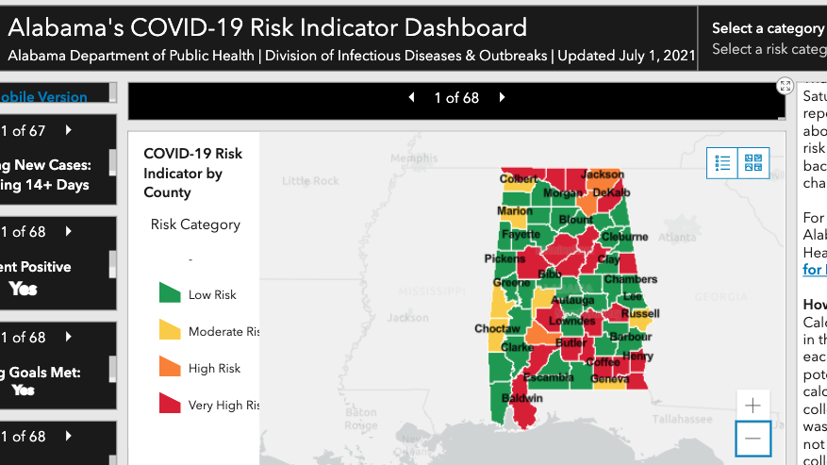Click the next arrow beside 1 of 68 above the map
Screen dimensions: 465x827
[x=503, y=97]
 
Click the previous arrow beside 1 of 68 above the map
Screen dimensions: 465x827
[x=411, y=97]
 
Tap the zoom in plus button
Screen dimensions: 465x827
[x=753, y=406]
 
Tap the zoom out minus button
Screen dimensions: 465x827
[x=753, y=439]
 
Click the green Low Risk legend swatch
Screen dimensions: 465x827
[x=170, y=293]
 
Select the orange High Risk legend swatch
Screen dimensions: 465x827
[x=170, y=367]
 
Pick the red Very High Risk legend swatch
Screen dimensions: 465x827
[x=170, y=404]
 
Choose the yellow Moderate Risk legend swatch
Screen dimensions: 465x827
[x=170, y=330]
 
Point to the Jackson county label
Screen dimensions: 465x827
[x=603, y=174]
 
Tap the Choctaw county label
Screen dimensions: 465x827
[x=497, y=329]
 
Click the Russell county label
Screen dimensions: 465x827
[x=640, y=313]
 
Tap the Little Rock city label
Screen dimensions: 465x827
[x=309, y=180]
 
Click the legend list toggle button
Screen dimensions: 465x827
[x=723, y=163]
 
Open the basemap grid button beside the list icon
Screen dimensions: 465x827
[x=753, y=163]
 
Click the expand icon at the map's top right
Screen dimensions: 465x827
[x=785, y=86]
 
